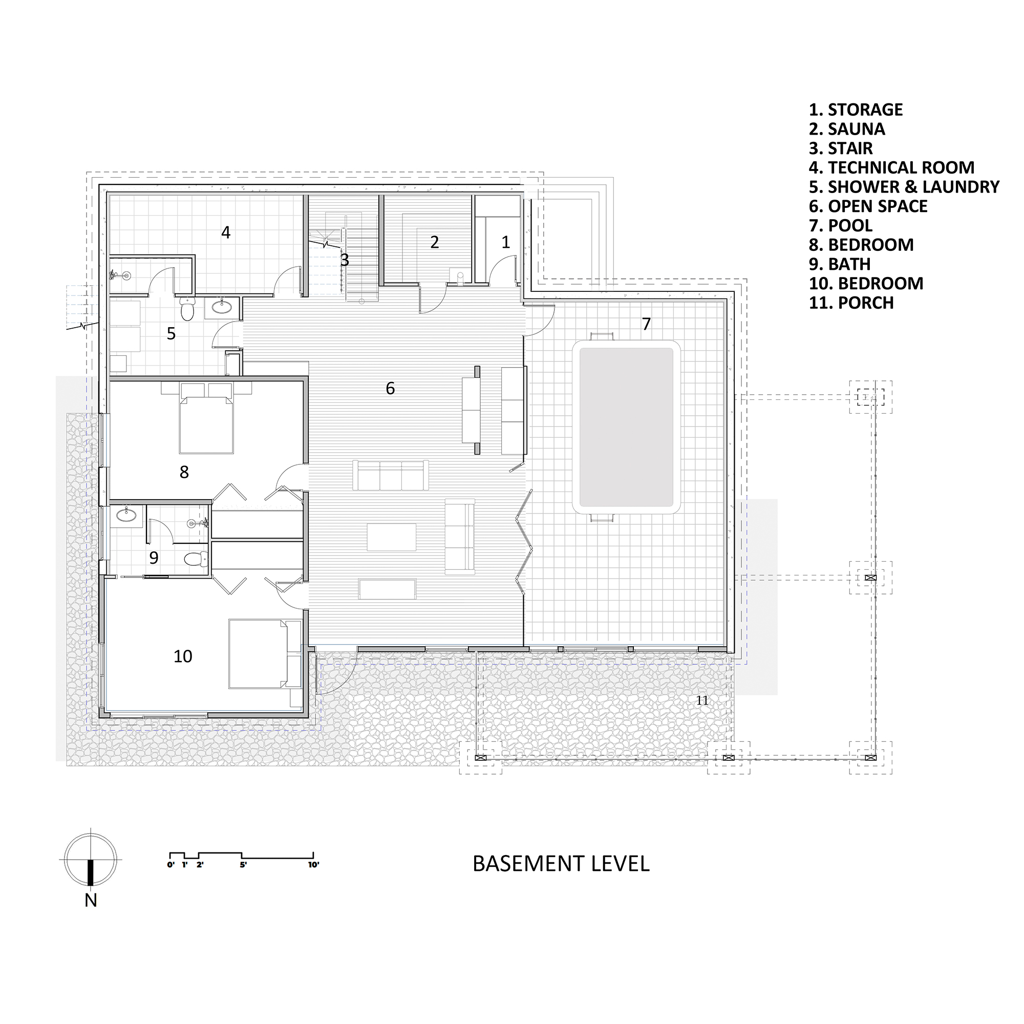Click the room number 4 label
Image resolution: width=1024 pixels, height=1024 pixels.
[226, 232]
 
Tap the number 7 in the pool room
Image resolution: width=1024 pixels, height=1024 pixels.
[646, 324]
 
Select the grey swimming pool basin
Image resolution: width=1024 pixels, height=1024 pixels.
[626, 427]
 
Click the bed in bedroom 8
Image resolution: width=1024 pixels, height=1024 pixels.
[206, 424]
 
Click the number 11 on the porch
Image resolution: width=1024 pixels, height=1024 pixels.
[702, 701]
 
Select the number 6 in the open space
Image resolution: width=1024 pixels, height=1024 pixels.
[390, 389]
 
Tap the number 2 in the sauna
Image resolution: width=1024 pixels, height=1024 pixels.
[435, 242]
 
